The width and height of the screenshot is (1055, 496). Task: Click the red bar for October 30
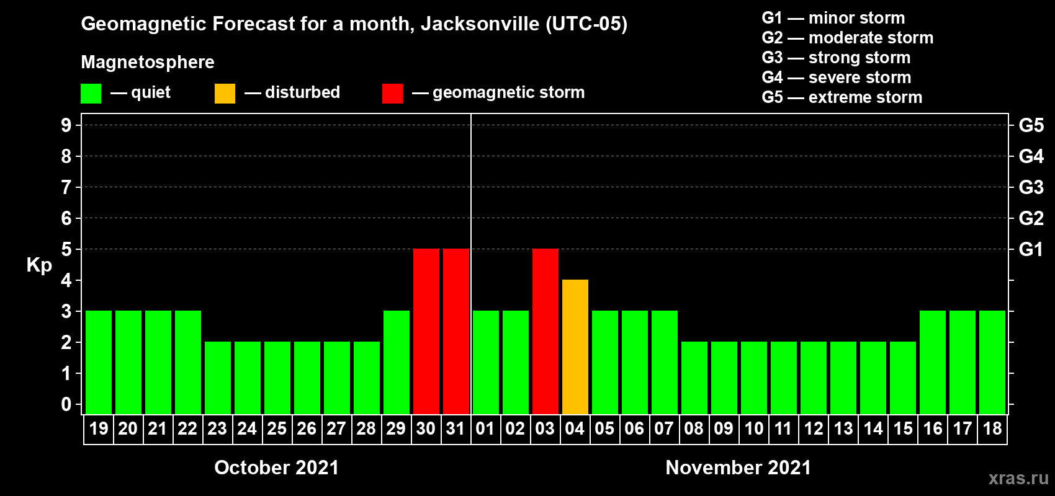pyautogui.click(x=426, y=331)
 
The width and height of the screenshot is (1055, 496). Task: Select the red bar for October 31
pyautogui.click(x=456, y=331)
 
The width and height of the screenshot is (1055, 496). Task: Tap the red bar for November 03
pyautogui.click(x=545, y=331)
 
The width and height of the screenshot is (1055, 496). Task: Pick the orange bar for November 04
pyautogui.click(x=575, y=347)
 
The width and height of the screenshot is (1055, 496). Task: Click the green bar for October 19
pyautogui.click(x=99, y=362)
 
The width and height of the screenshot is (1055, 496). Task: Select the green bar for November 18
pyautogui.click(x=992, y=362)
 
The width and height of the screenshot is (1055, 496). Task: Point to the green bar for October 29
pyautogui.click(x=396, y=362)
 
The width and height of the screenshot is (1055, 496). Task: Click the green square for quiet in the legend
pyautogui.click(x=91, y=94)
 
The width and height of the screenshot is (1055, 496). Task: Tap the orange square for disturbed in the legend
pyautogui.click(x=225, y=94)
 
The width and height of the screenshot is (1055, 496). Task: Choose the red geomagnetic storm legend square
pyautogui.click(x=392, y=94)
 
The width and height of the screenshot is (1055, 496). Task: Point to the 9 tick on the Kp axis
pyautogui.click(x=66, y=125)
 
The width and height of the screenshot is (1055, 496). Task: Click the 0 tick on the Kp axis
pyautogui.click(x=66, y=404)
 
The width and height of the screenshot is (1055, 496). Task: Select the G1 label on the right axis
pyautogui.click(x=1031, y=249)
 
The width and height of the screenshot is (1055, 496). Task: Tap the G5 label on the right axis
pyautogui.click(x=1031, y=125)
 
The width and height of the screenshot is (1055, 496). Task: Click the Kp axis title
pyautogui.click(x=39, y=265)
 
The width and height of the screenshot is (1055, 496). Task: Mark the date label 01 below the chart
pyautogui.click(x=485, y=428)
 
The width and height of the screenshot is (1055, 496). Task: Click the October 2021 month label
pyautogui.click(x=276, y=467)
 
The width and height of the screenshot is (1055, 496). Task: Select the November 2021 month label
pyautogui.click(x=738, y=467)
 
